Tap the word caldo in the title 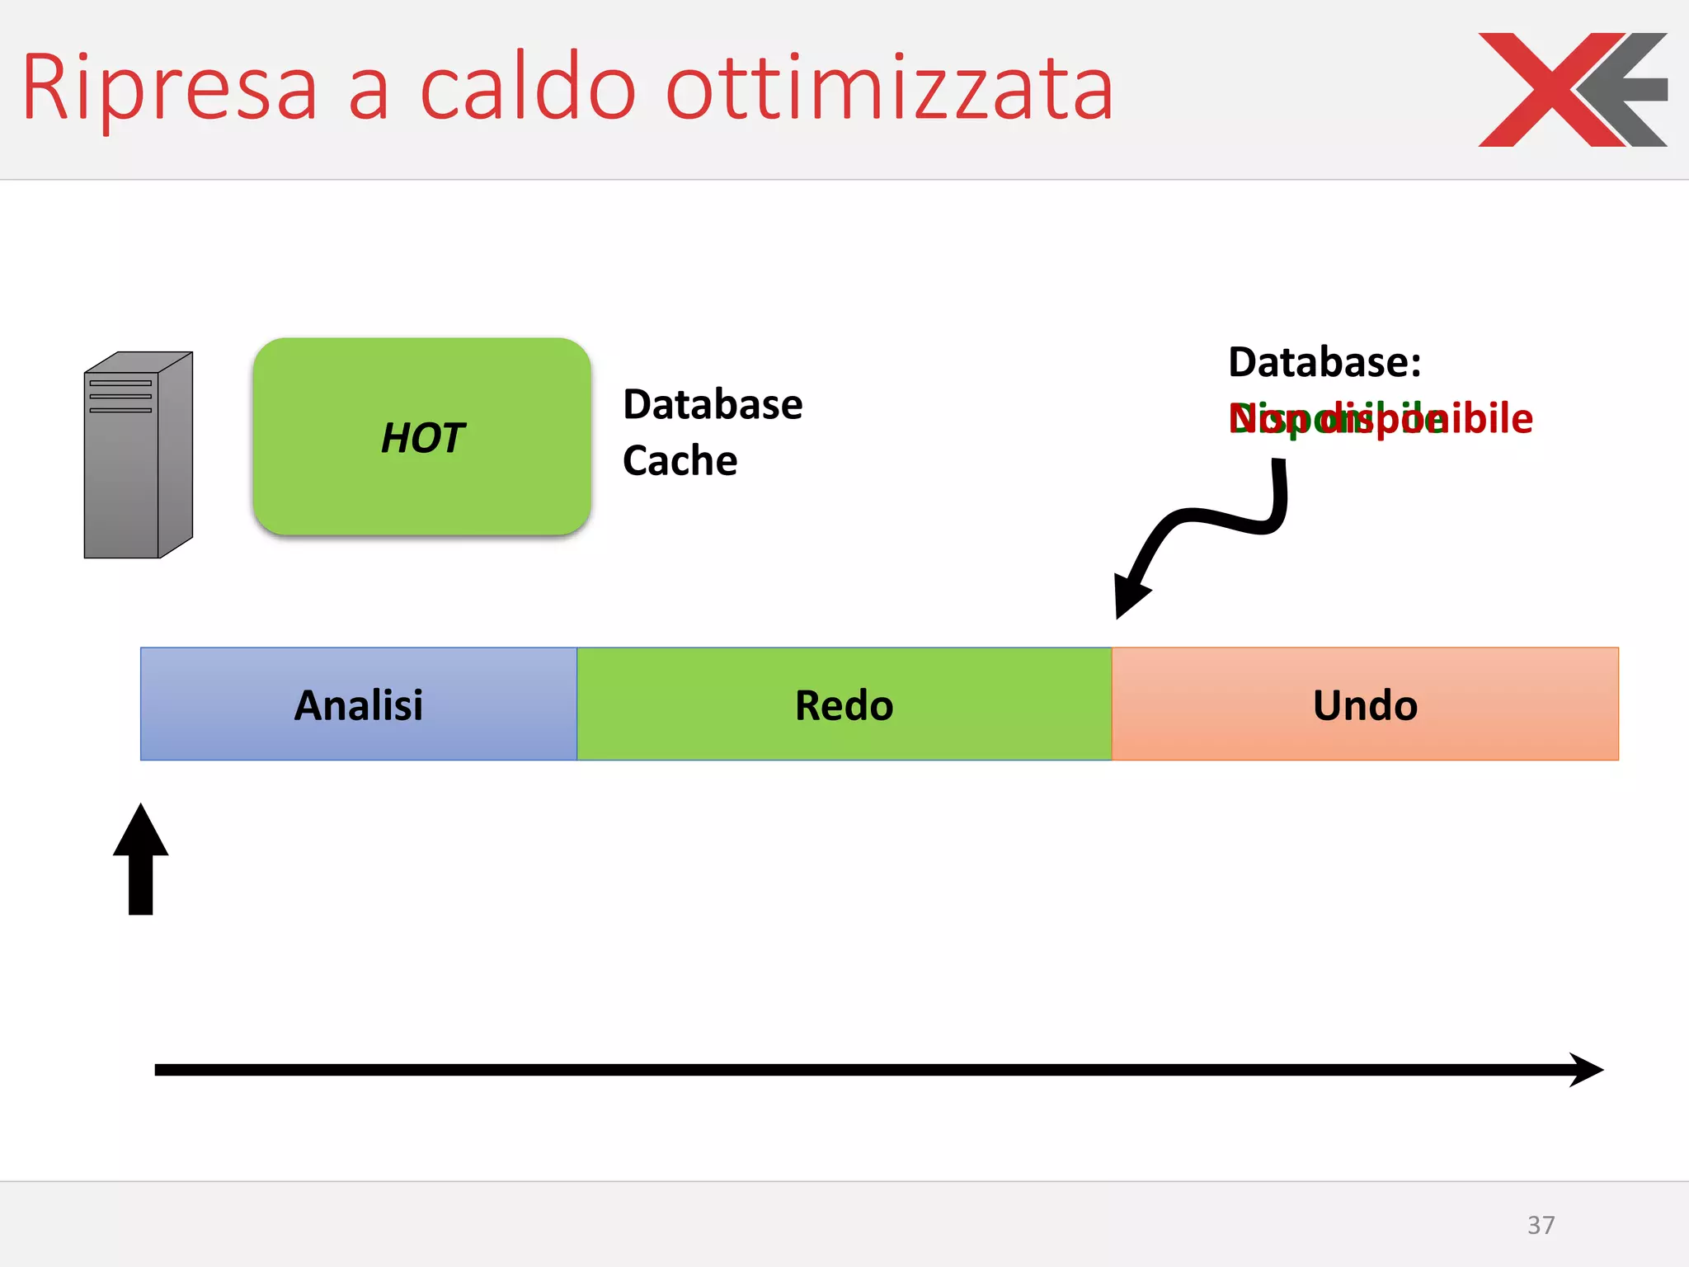point(528,87)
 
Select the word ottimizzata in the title point(889,87)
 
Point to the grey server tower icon point(138,455)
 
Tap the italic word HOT point(422,437)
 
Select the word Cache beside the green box point(680,460)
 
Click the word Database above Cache point(713,404)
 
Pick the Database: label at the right point(1324,362)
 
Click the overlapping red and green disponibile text point(1380,419)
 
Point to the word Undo point(1365,705)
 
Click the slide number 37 point(1541,1225)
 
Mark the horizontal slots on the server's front point(120,396)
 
